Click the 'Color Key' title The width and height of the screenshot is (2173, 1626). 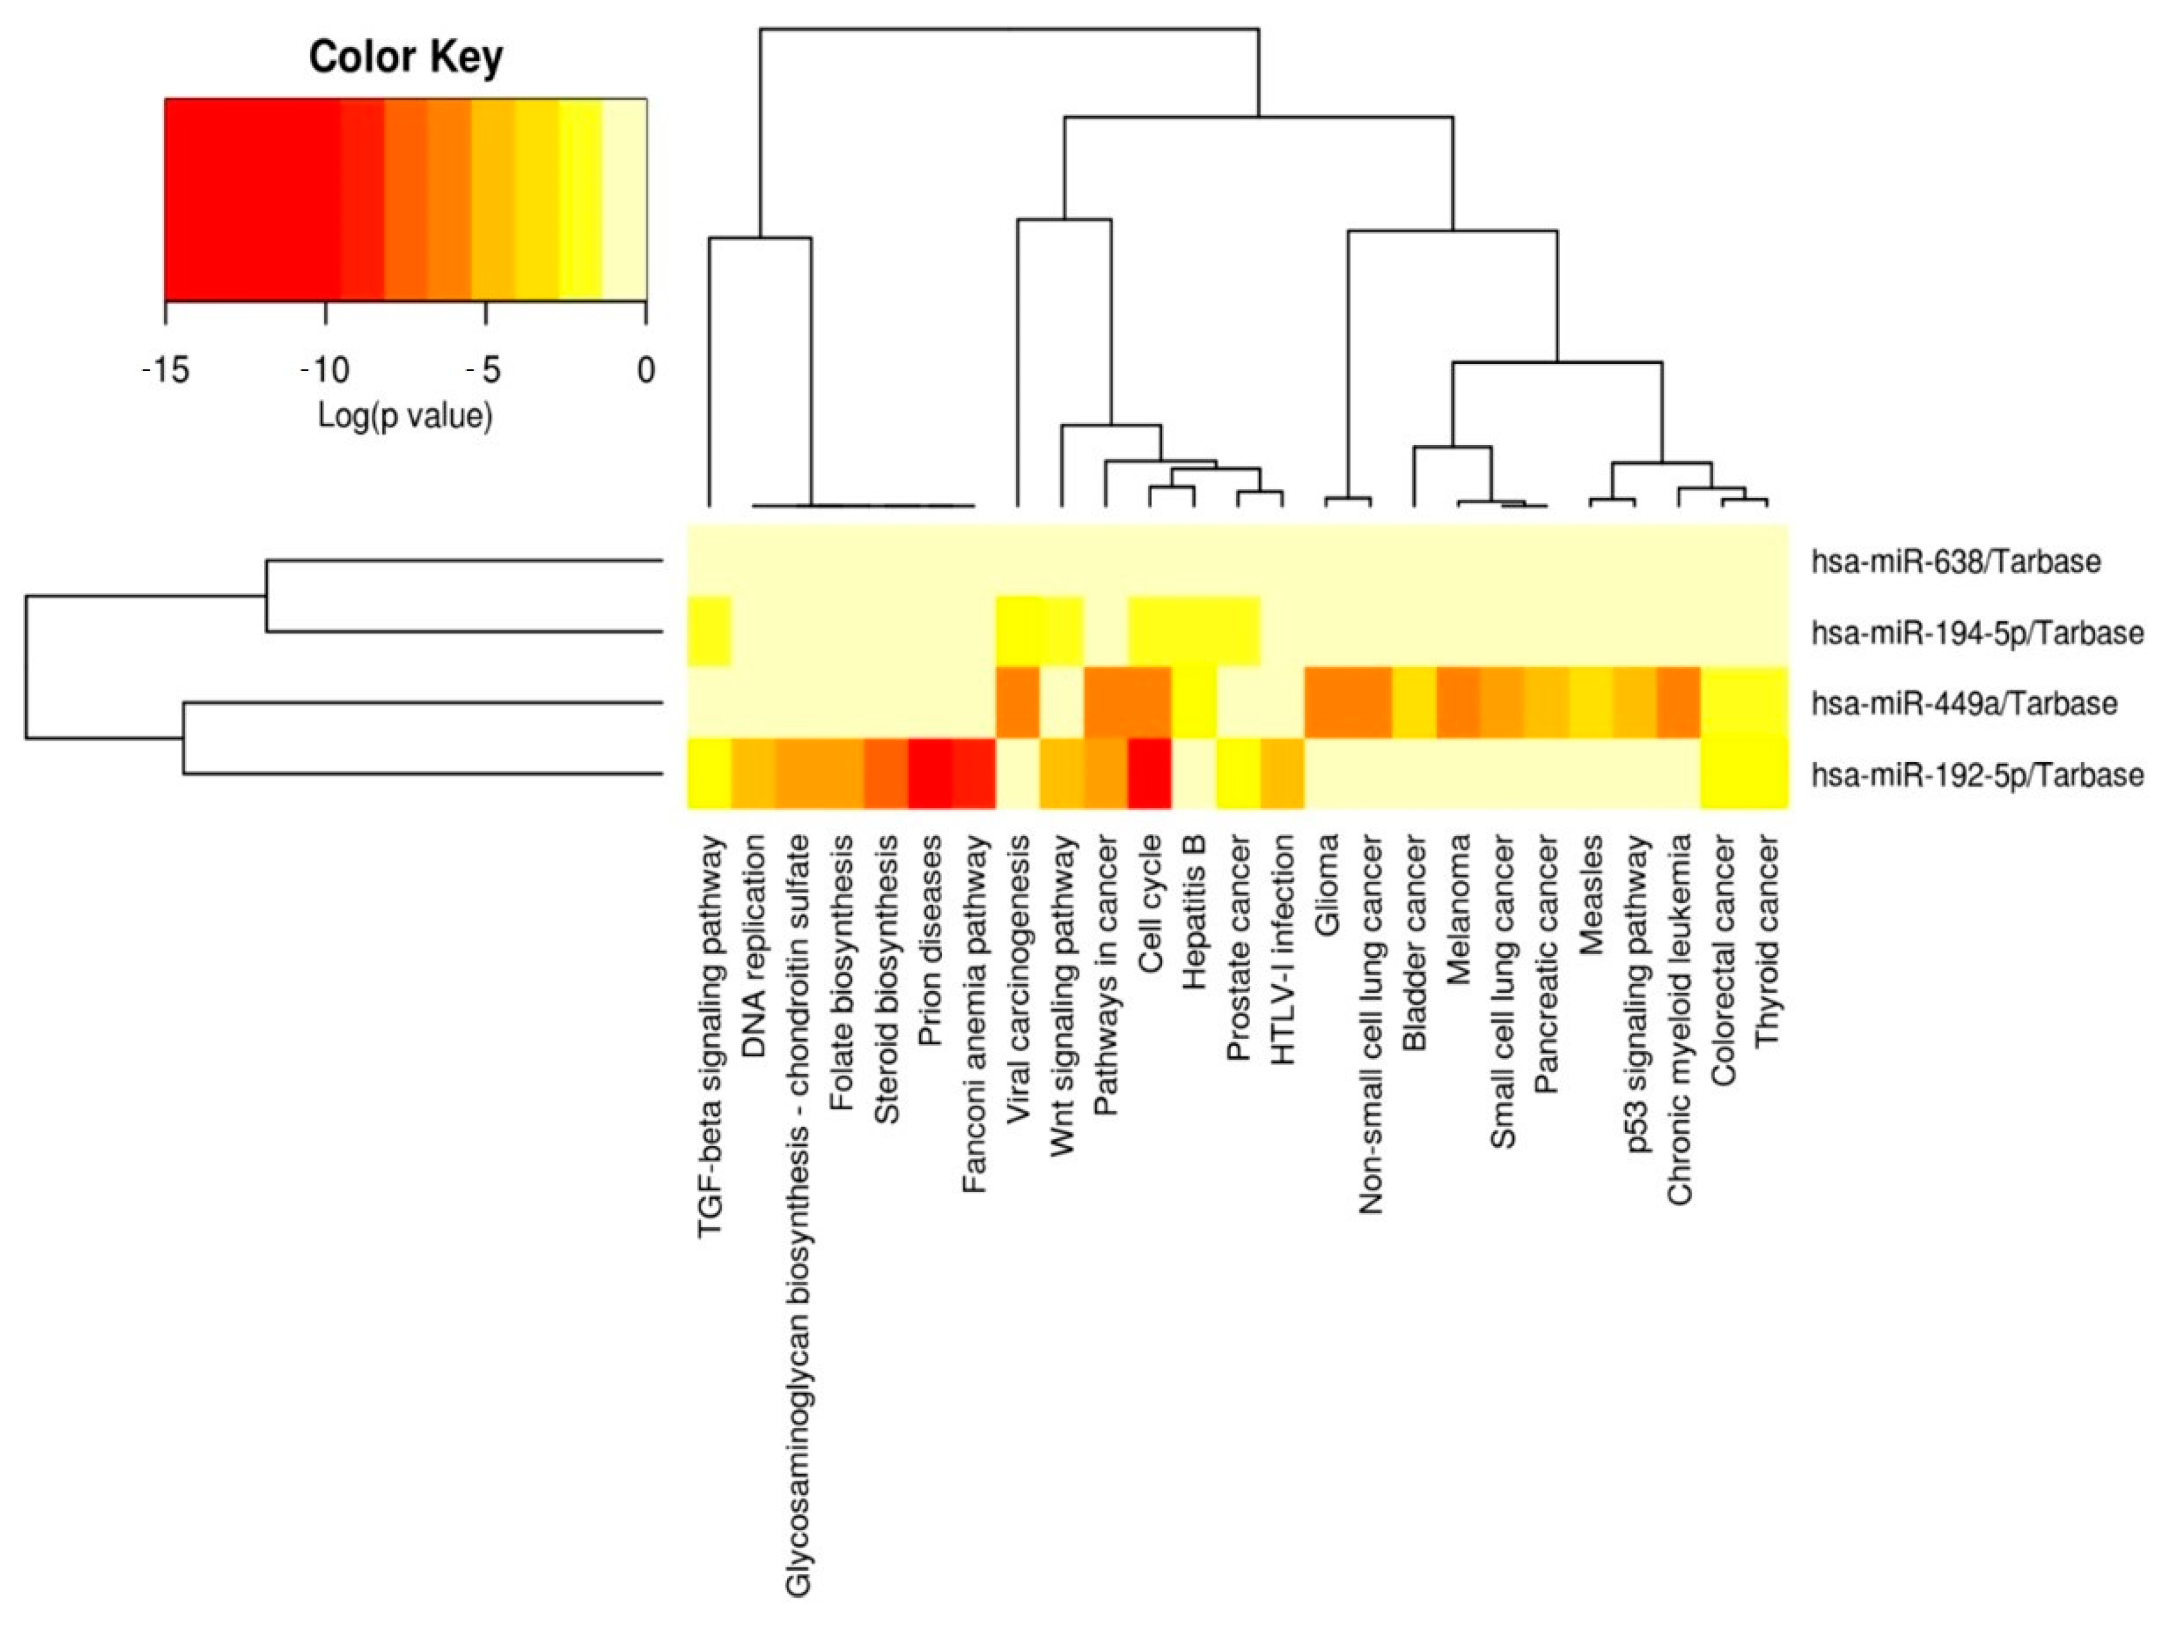pyautogui.click(x=406, y=57)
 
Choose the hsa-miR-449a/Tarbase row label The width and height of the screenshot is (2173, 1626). pyautogui.click(x=1965, y=704)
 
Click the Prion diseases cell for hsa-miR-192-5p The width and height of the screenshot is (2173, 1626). pyautogui.click(x=929, y=773)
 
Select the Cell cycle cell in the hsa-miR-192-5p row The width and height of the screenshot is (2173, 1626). pyautogui.click(x=1149, y=773)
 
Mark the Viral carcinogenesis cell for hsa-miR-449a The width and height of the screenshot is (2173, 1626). pyautogui.click(x=1018, y=702)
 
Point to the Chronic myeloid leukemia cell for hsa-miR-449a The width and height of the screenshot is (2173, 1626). pyautogui.click(x=1679, y=702)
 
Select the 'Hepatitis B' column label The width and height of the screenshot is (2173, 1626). pyautogui.click(x=1194, y=913)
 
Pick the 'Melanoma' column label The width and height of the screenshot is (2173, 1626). pyautogui.click(x=1459, y=909)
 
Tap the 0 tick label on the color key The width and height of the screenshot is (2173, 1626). pyautogui.click(x=646, y=370)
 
